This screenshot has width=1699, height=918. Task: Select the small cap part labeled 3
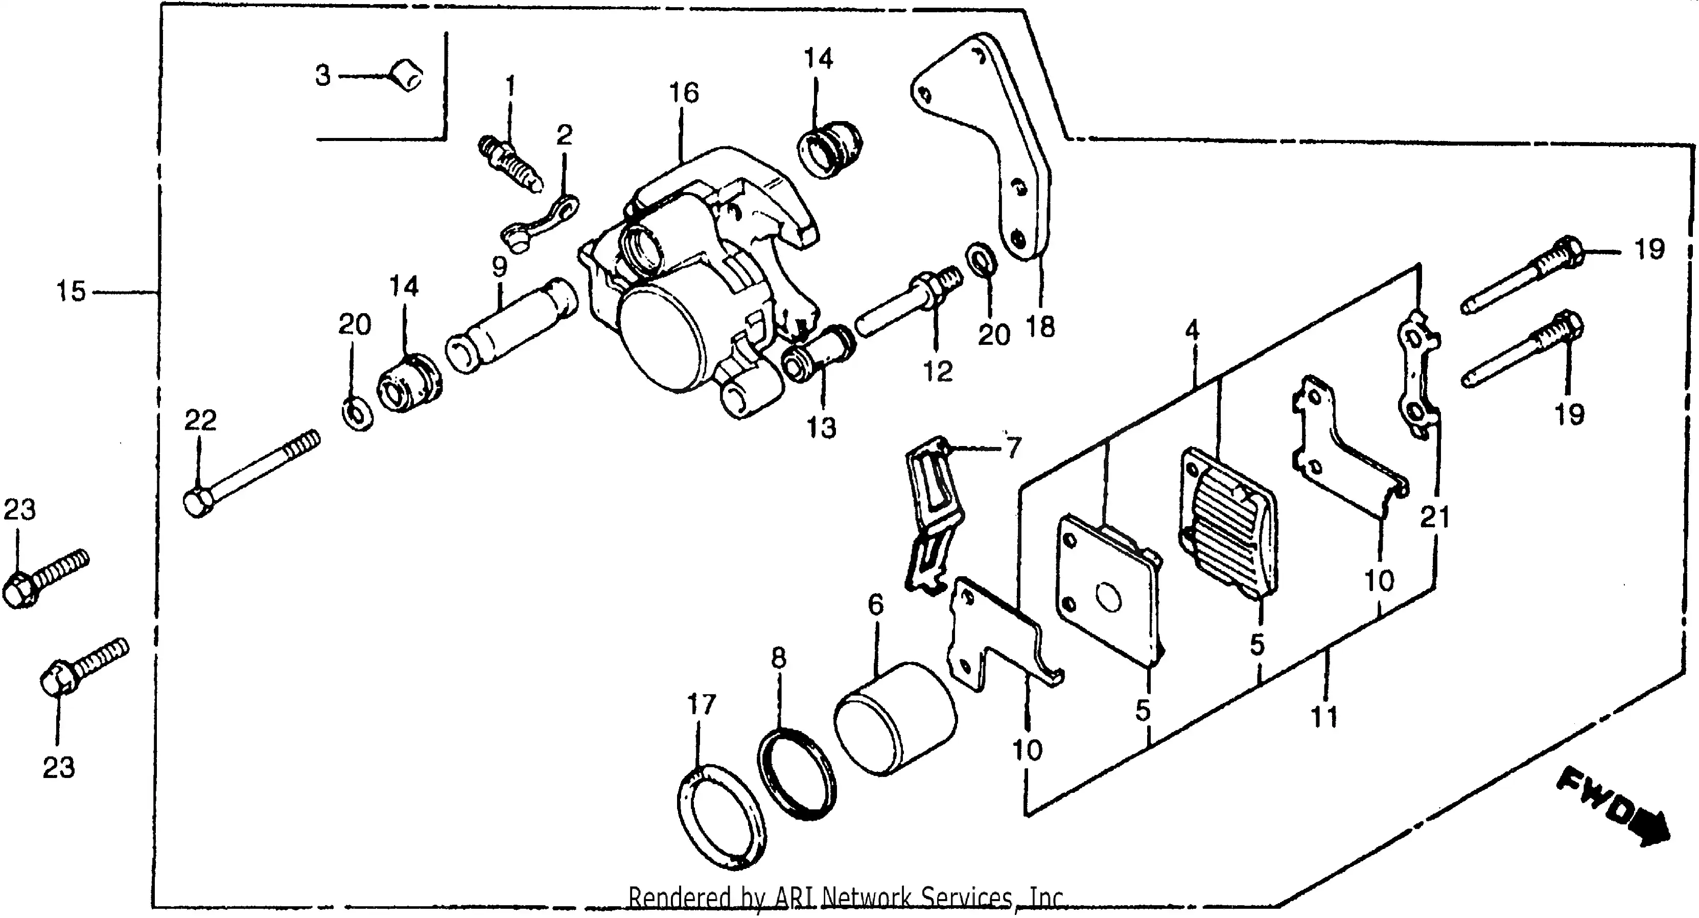point(406,76)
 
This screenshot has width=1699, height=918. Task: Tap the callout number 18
point(1041,327)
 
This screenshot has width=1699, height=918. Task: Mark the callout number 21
point(1434,517)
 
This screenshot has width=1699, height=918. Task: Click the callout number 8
point(778,658)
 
